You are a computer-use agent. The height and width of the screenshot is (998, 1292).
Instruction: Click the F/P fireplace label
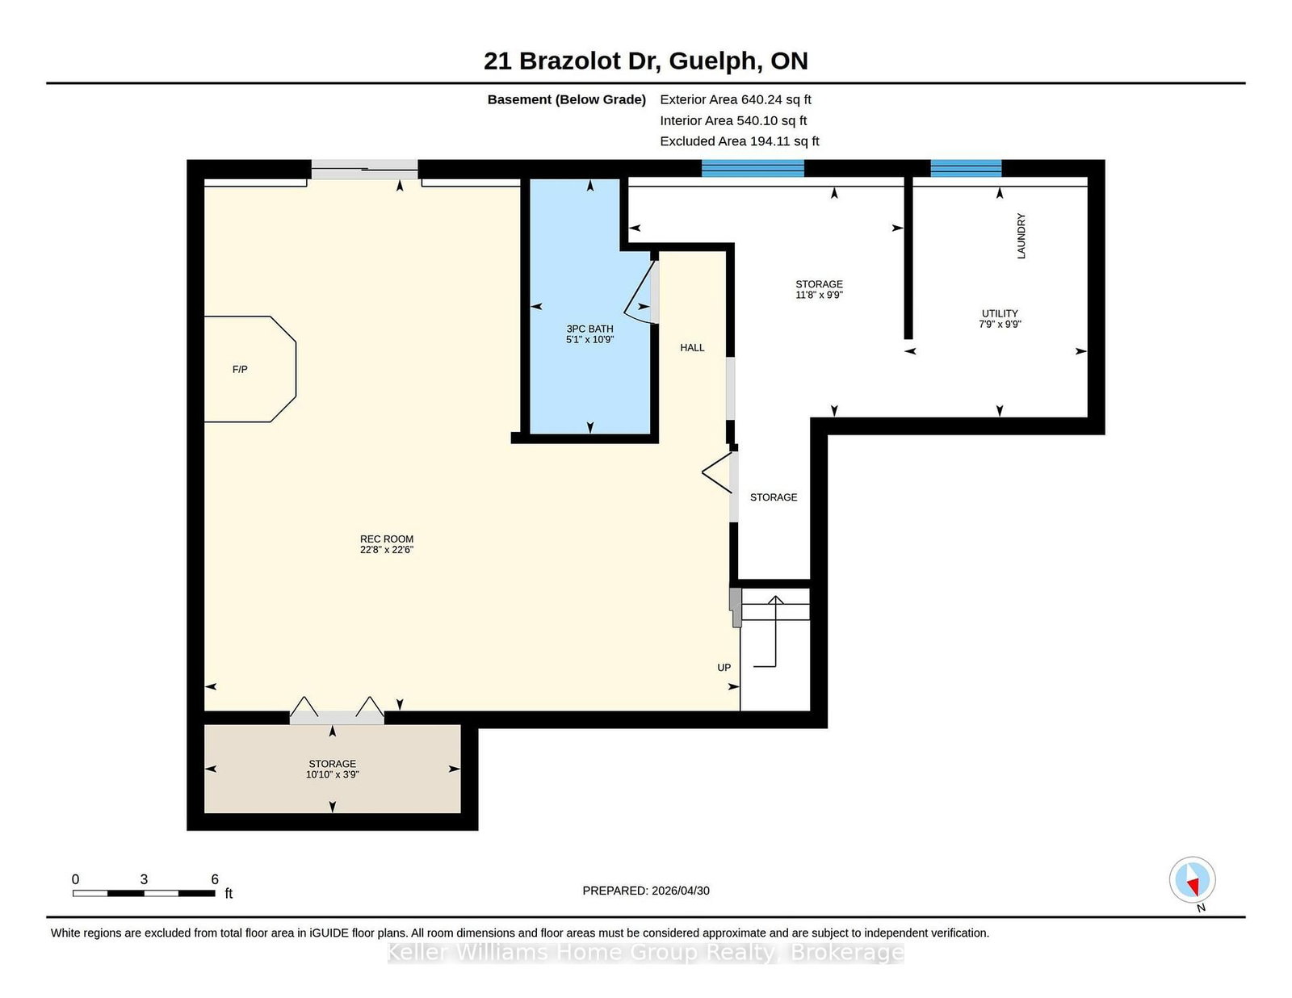click(240, 370)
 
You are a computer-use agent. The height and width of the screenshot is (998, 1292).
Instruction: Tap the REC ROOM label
click(387, 539)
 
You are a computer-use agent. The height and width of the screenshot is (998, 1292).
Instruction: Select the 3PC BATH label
click(589, 329)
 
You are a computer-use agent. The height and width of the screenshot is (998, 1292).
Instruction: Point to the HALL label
click(692, 348)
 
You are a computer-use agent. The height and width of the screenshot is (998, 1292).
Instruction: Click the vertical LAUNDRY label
click(1021, 236)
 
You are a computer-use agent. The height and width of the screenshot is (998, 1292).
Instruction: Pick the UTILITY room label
click(1000, 313)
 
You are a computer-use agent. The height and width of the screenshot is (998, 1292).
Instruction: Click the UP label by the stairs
click(724, 668)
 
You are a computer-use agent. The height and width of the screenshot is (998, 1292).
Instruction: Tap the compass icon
click(1192, 880)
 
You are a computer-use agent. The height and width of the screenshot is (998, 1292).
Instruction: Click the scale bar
click(144, 893)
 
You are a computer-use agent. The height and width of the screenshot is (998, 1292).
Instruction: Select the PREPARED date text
click(646, 891)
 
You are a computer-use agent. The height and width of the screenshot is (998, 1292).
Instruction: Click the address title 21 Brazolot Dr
click(569, 61)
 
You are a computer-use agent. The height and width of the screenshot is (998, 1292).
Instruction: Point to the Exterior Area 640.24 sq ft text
click(736, 100)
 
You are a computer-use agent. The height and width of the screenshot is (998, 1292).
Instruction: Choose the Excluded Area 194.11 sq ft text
click(740, 141)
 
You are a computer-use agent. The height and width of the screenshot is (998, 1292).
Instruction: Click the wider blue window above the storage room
click(753, 168)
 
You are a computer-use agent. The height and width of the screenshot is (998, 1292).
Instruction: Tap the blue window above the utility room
click(966, 168)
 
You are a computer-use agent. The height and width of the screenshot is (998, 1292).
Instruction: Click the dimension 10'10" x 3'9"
click(333, 774)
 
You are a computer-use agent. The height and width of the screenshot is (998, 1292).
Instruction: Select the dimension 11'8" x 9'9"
click(820, 295)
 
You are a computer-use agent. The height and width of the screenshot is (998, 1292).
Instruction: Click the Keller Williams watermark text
click(646, 952)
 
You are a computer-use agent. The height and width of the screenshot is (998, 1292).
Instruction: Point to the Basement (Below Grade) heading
click(567, 100)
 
